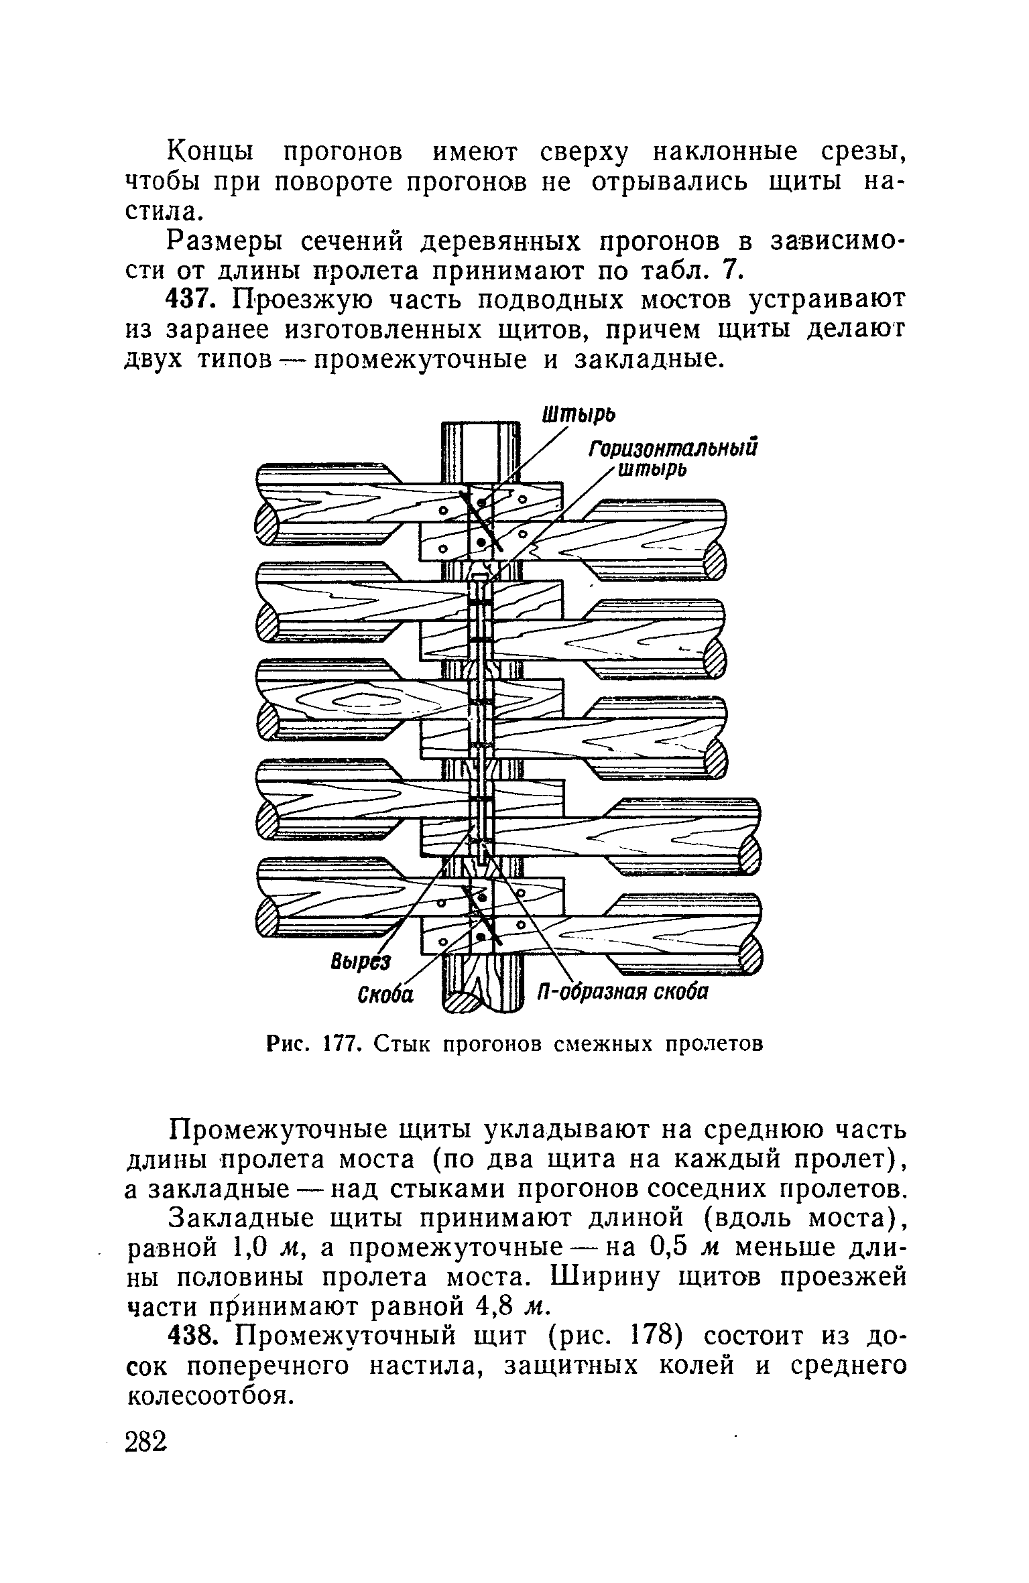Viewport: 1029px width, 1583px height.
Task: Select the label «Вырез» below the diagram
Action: (361, 963)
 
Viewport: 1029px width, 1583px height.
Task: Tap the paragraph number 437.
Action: (194, 300)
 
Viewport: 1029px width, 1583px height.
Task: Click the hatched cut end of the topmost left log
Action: (270, 521)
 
